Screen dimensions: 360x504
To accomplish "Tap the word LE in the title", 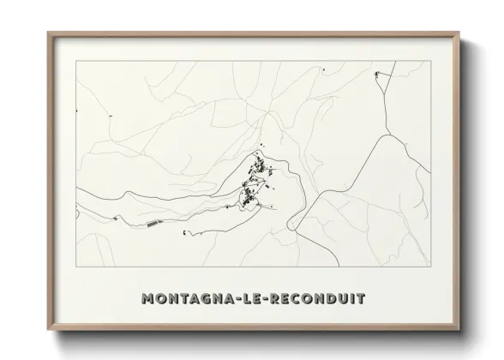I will [250, 299].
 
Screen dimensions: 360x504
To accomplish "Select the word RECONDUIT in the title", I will [316, 299].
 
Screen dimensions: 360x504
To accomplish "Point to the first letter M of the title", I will [147, 299].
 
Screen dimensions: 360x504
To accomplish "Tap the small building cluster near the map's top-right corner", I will [378, 77].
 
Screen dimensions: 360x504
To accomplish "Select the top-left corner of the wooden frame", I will [48, 33].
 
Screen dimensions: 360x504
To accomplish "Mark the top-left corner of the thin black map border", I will [76, 61].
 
